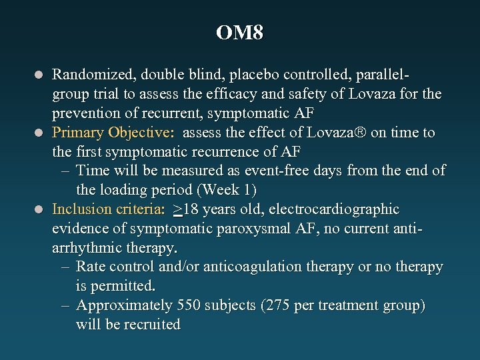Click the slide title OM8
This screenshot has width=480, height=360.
coord(240,33)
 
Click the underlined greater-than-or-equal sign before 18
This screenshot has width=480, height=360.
coord(177,209)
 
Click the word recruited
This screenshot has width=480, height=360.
coord(153,325)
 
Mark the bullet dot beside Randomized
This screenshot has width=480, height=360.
coord(41,75)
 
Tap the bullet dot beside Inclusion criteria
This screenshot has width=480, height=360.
coord(41,210)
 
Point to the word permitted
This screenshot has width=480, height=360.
coord(125,286)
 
